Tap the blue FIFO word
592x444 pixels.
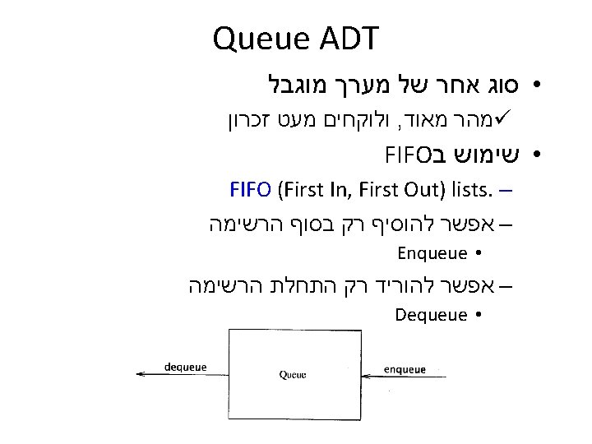[251, 192]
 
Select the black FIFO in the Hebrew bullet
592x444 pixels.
[403, 154]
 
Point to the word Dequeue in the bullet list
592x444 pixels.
[432, 315]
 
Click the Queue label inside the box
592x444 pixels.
[294, 375]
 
